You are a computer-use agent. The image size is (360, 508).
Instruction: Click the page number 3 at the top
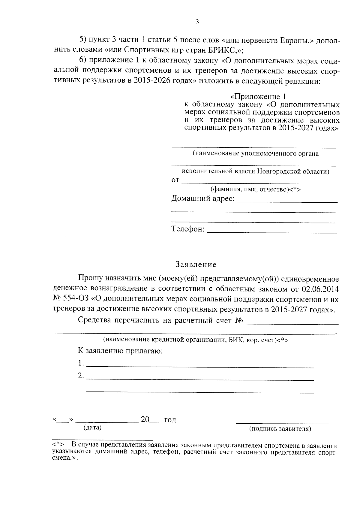coord(197,22)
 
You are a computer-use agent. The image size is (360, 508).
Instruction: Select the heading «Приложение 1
coord(258,97)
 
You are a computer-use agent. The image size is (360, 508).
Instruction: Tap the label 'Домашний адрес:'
coord(203,199)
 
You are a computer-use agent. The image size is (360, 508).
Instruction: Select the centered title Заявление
coord(196,265)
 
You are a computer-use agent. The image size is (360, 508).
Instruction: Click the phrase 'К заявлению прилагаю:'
coord(120,350)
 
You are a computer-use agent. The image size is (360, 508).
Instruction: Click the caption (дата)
coord(93,427)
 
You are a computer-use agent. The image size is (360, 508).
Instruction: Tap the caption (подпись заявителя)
coord(280,429)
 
